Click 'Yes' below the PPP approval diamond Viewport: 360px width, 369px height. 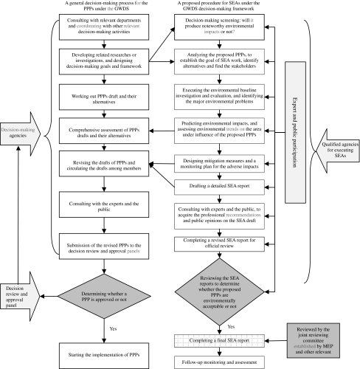[x=113, y=328]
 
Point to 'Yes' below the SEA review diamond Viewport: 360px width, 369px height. [x=231, y=327]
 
